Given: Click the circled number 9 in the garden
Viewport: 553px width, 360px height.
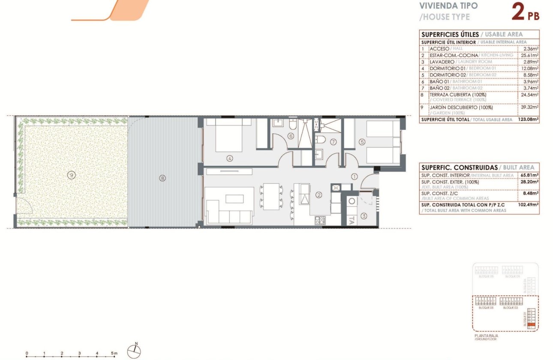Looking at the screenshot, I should pyautogui.click(x=71, y=174).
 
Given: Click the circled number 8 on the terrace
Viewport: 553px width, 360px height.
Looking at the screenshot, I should pyautogui.click(x=162, y=178).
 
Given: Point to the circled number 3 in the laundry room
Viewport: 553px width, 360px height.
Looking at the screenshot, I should pyautogui.click(x=364, y=216).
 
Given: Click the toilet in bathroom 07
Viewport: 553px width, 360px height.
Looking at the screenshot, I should pyautogui.click(x=320, y=140).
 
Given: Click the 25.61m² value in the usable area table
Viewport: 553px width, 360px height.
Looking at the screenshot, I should pyautogui.click(x=529, y=55).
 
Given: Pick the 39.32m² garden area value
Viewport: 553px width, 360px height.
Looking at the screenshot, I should pyautogui.click(x=529, y=107).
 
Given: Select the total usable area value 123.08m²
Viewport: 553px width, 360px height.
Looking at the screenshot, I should pyautogui.click(x=528, y=120).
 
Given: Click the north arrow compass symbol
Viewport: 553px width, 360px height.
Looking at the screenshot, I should pyautogui.click(x=134, y=351).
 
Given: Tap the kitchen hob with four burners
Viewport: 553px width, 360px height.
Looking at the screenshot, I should pyautogui.click(x=320, y=220).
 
